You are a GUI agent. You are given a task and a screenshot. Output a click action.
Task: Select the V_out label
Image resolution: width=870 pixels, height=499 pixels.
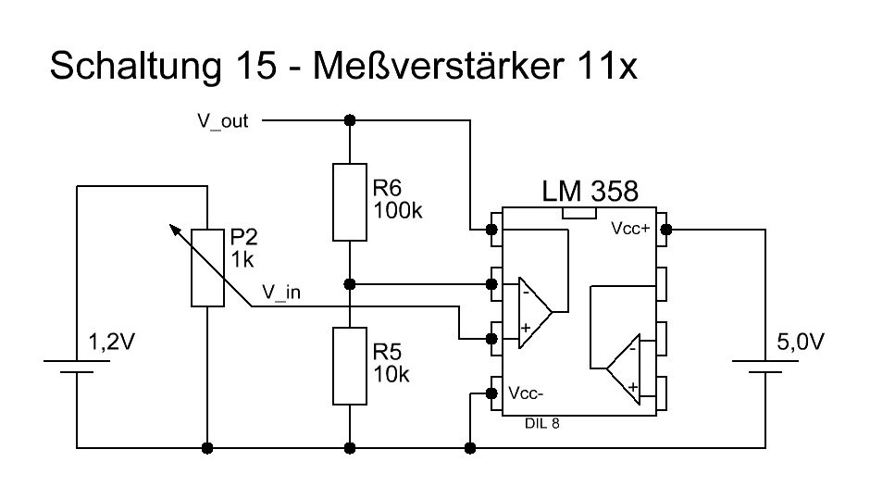pyautogui.click(x=222, y=121)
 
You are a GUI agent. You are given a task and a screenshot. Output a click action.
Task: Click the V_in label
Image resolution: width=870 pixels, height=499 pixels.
pyautogui.click(x=282, y=292)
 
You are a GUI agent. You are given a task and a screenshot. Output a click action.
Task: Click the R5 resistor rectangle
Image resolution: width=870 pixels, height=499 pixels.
pyautogui.click(x=350, y=366)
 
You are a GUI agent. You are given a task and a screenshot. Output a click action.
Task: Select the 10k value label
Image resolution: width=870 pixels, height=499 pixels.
pyautogui.click(x=391, y=374)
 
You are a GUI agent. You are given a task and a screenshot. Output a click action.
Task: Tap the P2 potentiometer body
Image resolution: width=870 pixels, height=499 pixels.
pyautogui.click(x=206, y=267)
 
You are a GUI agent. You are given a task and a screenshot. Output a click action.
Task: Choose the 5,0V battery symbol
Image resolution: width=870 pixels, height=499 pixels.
pyautogui.click(x=765, y=367)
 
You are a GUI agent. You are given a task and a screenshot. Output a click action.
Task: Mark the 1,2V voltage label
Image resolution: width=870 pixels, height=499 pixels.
pyautogui.click(x=111, y=343)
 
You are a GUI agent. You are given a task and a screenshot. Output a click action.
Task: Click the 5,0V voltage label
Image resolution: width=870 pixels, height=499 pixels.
pyautogui.click(x=798, y=343)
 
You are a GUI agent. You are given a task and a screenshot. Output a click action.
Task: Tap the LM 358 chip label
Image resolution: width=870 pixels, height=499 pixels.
pyautogui.click(x=590, y=193)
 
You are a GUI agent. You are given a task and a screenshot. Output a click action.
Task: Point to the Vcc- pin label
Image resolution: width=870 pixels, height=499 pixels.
pyautogui.click(x=525, y=393)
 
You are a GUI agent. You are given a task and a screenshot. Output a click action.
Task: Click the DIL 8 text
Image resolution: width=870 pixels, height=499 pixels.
pyautogui.click(x=541, y=423)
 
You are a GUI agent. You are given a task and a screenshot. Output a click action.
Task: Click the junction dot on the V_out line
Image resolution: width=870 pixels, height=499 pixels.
pyautogui.click(x=350, y=120)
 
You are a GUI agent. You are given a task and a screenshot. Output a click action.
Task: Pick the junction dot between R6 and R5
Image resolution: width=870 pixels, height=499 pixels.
pyautogui.click(x=350, y=283)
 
